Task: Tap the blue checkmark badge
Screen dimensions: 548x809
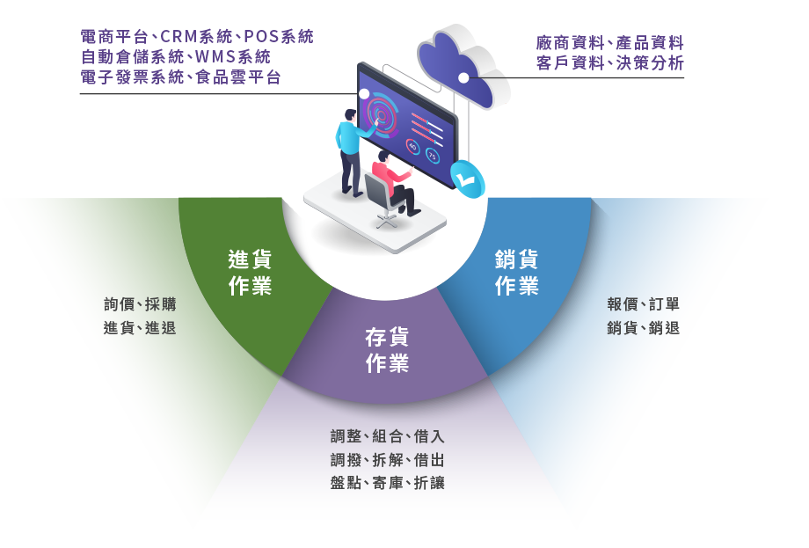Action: [466, 179]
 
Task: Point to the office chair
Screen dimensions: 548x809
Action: [380, 199]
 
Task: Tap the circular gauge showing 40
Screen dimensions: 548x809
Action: [413, 146]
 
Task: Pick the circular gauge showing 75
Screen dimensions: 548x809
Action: [432, 156]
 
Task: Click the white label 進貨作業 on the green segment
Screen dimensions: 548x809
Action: [250, 273]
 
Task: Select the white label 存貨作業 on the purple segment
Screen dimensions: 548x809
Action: [387, 349]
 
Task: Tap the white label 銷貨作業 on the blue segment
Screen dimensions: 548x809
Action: [517, 273]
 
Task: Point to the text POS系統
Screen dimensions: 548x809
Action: [278, 38]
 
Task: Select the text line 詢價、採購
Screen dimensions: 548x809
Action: [140, 305]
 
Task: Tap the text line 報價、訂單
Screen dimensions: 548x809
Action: [643, 305]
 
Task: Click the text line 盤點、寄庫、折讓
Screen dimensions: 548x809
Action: [388, 483]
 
